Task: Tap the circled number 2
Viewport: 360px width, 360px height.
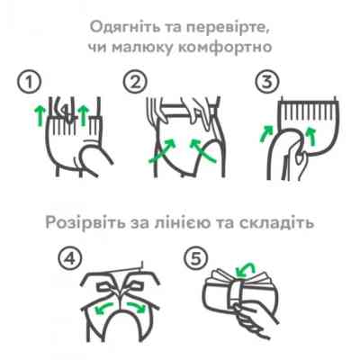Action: (x=136, y=82)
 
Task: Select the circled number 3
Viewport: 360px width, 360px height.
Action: (x=264, y=82)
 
